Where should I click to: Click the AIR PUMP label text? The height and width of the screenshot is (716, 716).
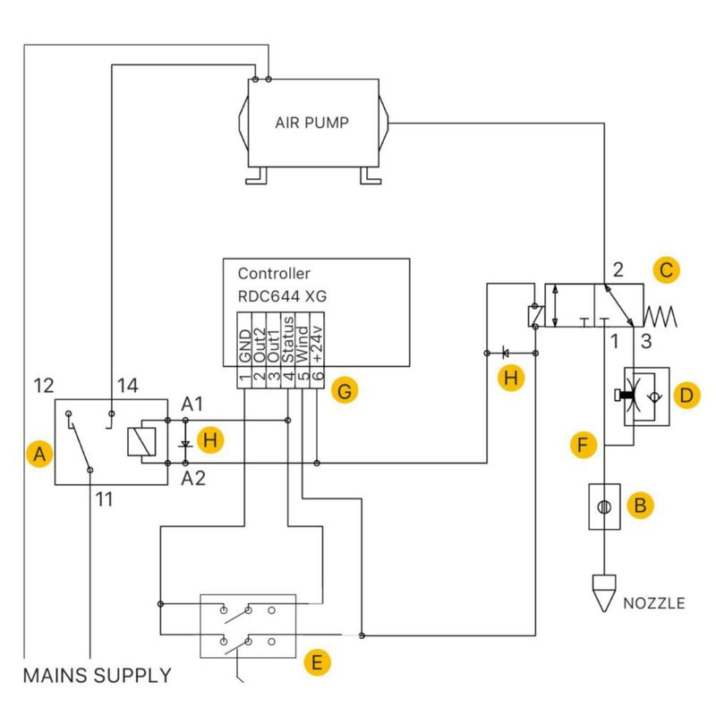(x=311, y=123)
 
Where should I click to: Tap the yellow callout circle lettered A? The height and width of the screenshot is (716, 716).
(x=39, y=454)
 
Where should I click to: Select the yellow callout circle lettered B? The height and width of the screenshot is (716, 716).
(x=640, y=505)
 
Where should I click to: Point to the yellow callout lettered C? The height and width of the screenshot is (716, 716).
(x=666, y=270)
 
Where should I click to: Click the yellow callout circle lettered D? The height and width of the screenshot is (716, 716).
(x=686, y=396)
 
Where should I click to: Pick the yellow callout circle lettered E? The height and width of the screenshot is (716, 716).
(x=317, y=662)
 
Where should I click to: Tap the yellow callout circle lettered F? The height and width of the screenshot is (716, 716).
(x=584, y=445)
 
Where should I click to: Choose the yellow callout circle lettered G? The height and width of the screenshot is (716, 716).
(x=345, y=391)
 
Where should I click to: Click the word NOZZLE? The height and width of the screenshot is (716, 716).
(x=654, y=603)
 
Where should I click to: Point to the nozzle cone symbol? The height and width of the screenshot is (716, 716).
(x=604, y=592)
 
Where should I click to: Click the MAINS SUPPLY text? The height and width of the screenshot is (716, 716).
(x=98, y=676)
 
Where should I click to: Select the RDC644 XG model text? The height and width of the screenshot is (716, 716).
(x=282, y=296)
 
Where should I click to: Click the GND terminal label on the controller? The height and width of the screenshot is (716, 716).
(x=244, y=346)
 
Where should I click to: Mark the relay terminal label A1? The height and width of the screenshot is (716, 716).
(x=192, y=405)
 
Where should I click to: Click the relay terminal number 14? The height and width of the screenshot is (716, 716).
(x=127, y=386)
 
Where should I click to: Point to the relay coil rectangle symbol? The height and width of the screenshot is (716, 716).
(x=141, y=441)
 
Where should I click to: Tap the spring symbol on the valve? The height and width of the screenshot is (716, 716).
(x=661, y=317)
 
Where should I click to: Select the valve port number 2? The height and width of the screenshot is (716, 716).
(x=618, y=270)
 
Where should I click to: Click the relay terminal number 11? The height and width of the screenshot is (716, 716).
(x=104, y=499)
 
